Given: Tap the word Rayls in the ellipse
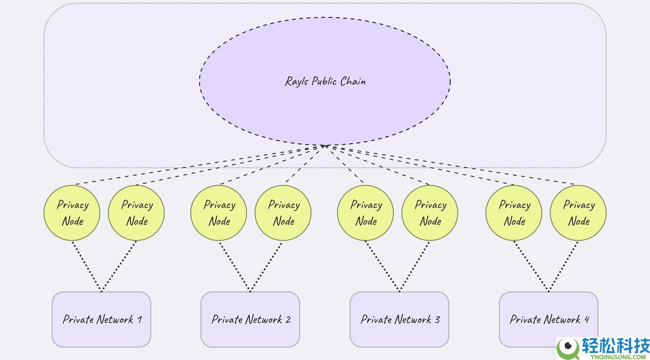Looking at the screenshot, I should click(x=297, y=81).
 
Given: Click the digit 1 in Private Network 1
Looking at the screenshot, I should click(x=139, y=319).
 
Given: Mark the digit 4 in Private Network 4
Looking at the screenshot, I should click(x=587, y=319).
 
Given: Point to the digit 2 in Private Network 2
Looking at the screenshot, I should click(x=288, y=319).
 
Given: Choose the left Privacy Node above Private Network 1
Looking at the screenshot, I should click(x=72, y=213).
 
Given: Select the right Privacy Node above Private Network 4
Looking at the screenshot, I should click(x=578, y=213).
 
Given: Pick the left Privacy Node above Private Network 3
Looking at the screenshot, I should click(x=366, y=213).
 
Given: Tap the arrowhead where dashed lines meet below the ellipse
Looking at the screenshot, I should click(x=324, y=146).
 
